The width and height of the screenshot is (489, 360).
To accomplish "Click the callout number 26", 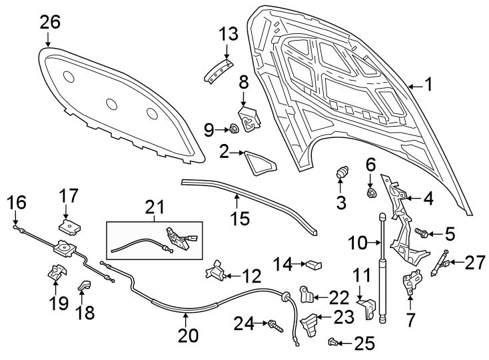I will tap(50, 22).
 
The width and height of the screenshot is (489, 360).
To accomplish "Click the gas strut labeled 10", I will tap(382, 267).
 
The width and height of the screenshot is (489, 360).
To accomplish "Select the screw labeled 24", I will tap(274, 326).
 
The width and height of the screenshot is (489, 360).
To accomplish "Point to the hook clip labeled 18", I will tap(85, 286).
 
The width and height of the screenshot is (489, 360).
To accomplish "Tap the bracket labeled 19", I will tap(56, 273).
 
